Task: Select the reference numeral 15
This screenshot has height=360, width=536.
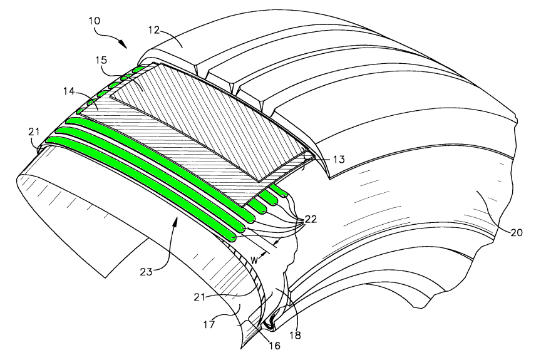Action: [102, 60]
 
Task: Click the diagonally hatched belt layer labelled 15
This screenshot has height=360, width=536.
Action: [207, 119]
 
